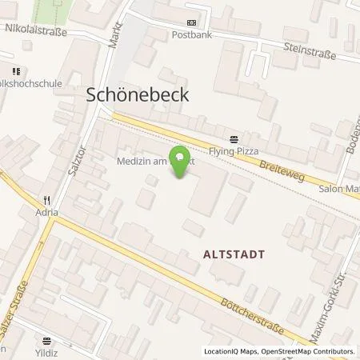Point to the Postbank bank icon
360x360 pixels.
[190, 22]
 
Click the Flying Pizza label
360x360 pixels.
[233, 147]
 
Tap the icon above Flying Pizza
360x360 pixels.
[233, 135]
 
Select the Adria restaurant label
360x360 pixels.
[47, 213]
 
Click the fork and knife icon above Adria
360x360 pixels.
[47, 200]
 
